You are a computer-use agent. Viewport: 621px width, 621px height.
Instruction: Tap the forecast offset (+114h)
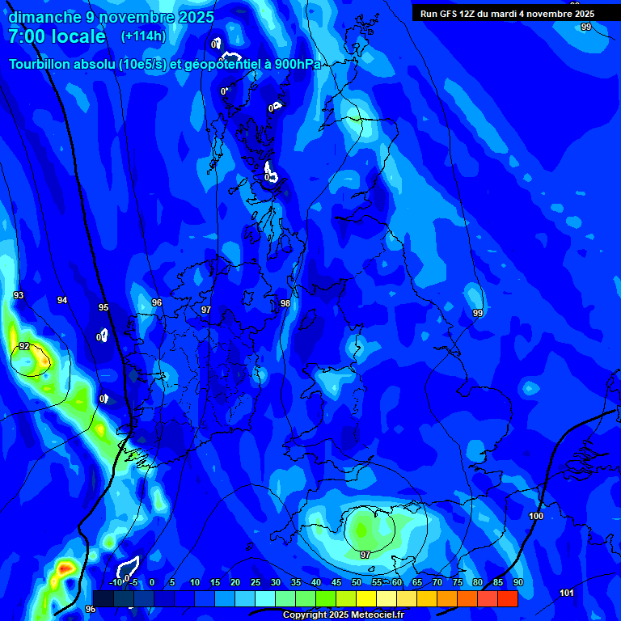pyautogui.click(x=143, y=36)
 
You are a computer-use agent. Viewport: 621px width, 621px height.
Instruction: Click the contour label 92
pyautogui.click(x=24, y=347)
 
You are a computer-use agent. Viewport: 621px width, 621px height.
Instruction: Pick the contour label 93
pyautogui.click(x=19, y=296)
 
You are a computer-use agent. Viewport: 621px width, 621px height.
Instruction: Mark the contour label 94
pyautogui.click(x=62, y=300)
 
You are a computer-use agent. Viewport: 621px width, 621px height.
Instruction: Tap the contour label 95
pyautogui.click(x=103, y=307)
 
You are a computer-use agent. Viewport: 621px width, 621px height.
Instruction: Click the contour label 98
pyautogui.click(x=285, y=303)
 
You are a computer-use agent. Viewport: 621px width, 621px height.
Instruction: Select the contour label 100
pyautogui.click(x=536, y=516)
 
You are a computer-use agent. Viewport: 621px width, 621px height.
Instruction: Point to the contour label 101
pyautogui.click(x=567, y=593)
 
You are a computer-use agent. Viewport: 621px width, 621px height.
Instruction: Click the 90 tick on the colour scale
pyautogui.click(x=517, y=582)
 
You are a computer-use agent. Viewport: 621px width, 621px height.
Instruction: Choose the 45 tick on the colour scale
pyautogui.click(x=336, y=582)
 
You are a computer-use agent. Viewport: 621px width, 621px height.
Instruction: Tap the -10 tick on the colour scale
pyautogui.click(x=116, y=582)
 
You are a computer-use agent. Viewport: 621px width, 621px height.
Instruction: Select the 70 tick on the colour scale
pyautogui.click(x=437, y=582)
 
